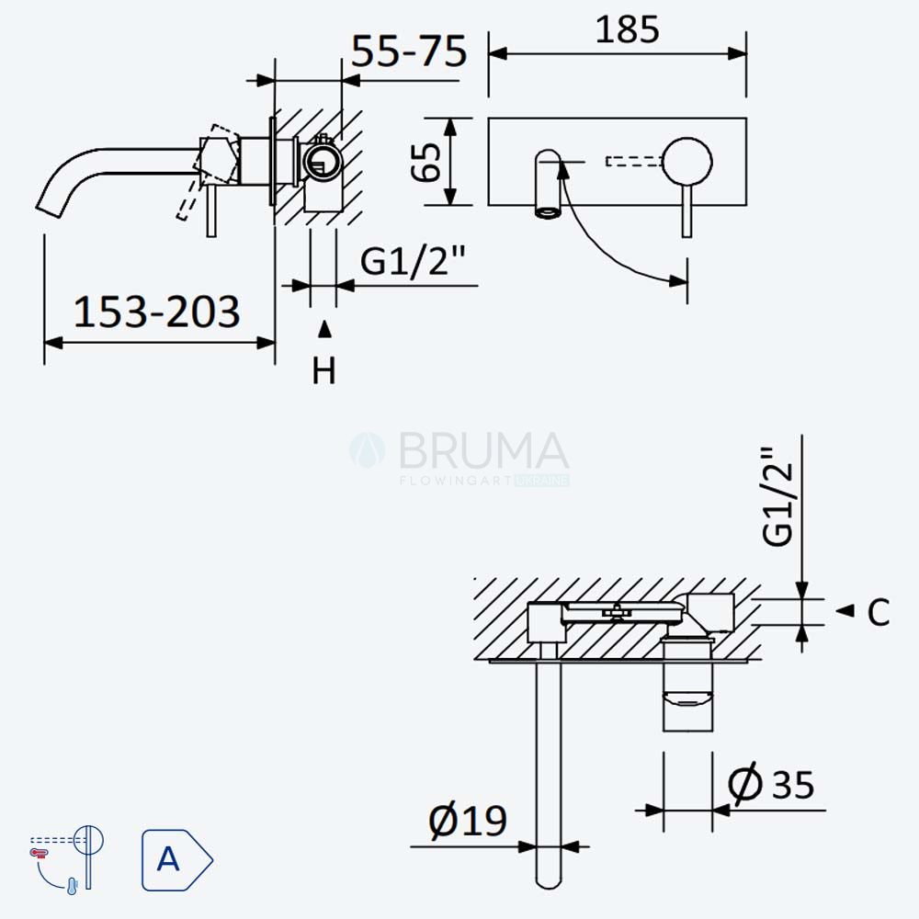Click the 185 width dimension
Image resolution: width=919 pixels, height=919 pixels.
(x=627, y=29)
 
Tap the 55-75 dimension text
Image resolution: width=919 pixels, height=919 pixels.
(x=409, y=51)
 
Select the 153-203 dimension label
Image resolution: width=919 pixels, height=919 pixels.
(x=156, y=312)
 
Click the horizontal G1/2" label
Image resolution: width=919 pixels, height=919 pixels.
(x=413, y=260)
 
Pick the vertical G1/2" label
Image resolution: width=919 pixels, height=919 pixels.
(x=777, y=496)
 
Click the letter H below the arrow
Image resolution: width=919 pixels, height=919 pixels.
(x=324, y=370)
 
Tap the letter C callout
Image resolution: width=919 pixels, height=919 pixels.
(x=878, y=612)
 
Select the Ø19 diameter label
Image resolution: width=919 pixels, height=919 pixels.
(x=467, y=821)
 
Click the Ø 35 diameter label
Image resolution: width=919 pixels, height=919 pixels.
(x=771, y=783)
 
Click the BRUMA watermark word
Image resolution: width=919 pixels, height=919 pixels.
(x=483, y=450)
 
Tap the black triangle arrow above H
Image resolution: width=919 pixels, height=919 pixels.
(x=324, y=329)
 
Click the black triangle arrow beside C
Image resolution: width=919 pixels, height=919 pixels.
(x=845, y=611)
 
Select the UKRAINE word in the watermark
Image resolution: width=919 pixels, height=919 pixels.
(x=541, y=481)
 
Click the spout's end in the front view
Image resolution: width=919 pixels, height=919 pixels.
(x=548, y=213)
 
